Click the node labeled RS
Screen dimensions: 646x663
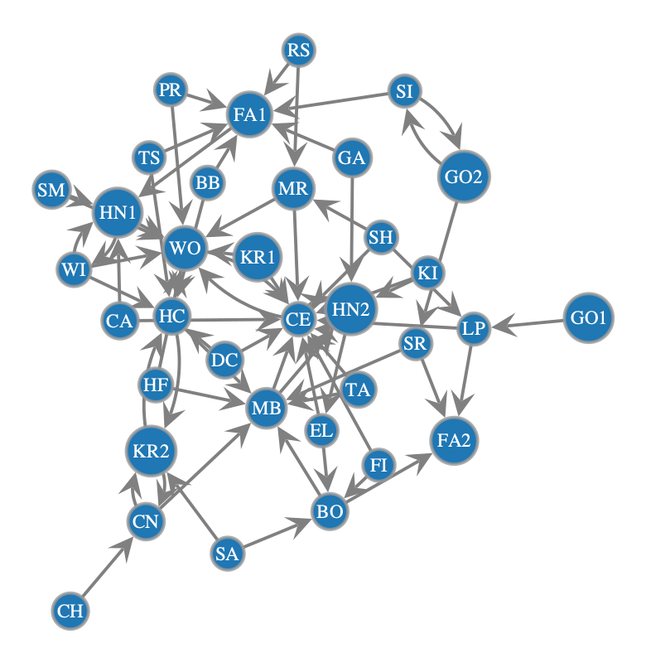299,50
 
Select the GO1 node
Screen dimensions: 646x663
588,317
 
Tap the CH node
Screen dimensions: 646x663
70,611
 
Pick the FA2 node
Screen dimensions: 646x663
454,440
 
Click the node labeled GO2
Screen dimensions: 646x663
464,177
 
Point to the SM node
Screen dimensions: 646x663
51,190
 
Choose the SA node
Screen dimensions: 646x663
227,553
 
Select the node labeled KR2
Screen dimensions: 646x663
151,451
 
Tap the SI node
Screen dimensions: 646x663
404,91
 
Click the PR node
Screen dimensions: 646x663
170,90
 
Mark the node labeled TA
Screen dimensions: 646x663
359,390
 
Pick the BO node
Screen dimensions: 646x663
330,511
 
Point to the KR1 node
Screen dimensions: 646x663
258,257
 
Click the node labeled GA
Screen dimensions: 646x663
351,157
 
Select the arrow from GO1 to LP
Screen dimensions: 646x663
528,324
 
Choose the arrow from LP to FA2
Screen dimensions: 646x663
465,380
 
